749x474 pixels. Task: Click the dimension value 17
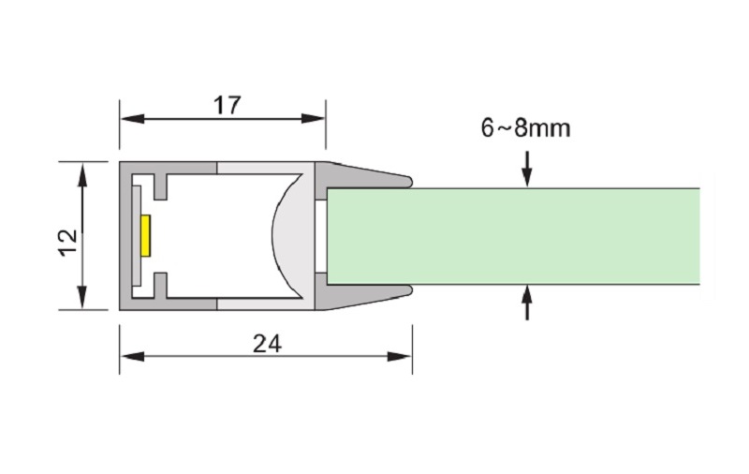coord(227,104)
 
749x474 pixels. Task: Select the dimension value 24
coord(267,344)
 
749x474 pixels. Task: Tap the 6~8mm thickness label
coord(525,128)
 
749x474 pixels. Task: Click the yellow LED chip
coord(146,235)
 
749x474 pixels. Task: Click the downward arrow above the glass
coord(527,178)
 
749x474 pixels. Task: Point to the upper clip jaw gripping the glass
coord(370,175)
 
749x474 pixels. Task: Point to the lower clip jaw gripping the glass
coord(370,295)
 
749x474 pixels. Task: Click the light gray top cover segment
coord(264,168)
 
